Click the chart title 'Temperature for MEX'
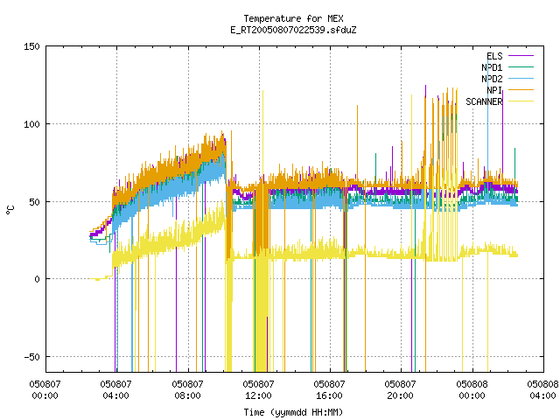(293, 18)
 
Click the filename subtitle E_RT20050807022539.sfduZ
(293, 30)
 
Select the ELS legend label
(494, 56)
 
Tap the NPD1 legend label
(492, 67)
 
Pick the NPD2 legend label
(492, 79)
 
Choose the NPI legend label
(494, 90)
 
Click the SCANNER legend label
(484, 101)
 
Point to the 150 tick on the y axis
(31, 46)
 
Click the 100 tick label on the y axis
(31, 124)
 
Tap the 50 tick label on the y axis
(35, 202)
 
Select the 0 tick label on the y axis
(37, 279)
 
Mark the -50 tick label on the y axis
(31, 357)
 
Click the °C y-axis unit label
(10, 210)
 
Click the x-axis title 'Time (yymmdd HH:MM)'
(293, 412)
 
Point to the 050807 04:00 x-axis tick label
(115, 390)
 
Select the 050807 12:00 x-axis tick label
(258, 390)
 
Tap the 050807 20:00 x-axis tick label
(400, 390)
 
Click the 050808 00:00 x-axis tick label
(472, 390)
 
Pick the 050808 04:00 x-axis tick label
(542, 390)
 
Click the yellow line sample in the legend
(521, 101)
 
